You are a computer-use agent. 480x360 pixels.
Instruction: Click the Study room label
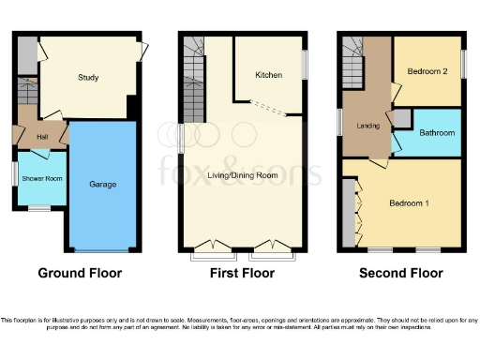(89, 78)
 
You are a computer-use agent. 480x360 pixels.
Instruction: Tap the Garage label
(103, 185)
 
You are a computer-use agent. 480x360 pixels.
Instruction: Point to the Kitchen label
(270, 76)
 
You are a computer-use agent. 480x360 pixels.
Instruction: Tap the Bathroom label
(437, 133)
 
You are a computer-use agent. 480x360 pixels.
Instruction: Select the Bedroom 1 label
(410, 202)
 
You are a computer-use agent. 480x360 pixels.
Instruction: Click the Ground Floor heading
(80, 274)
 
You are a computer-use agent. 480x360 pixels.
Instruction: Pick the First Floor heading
(242, 274)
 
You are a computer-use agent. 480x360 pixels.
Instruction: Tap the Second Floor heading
(401, 274)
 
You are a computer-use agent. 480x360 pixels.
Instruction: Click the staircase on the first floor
(194, 80)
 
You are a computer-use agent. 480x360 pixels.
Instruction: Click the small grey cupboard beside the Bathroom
(400, 118)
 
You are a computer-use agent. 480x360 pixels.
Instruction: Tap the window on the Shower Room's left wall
(14, 174)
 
